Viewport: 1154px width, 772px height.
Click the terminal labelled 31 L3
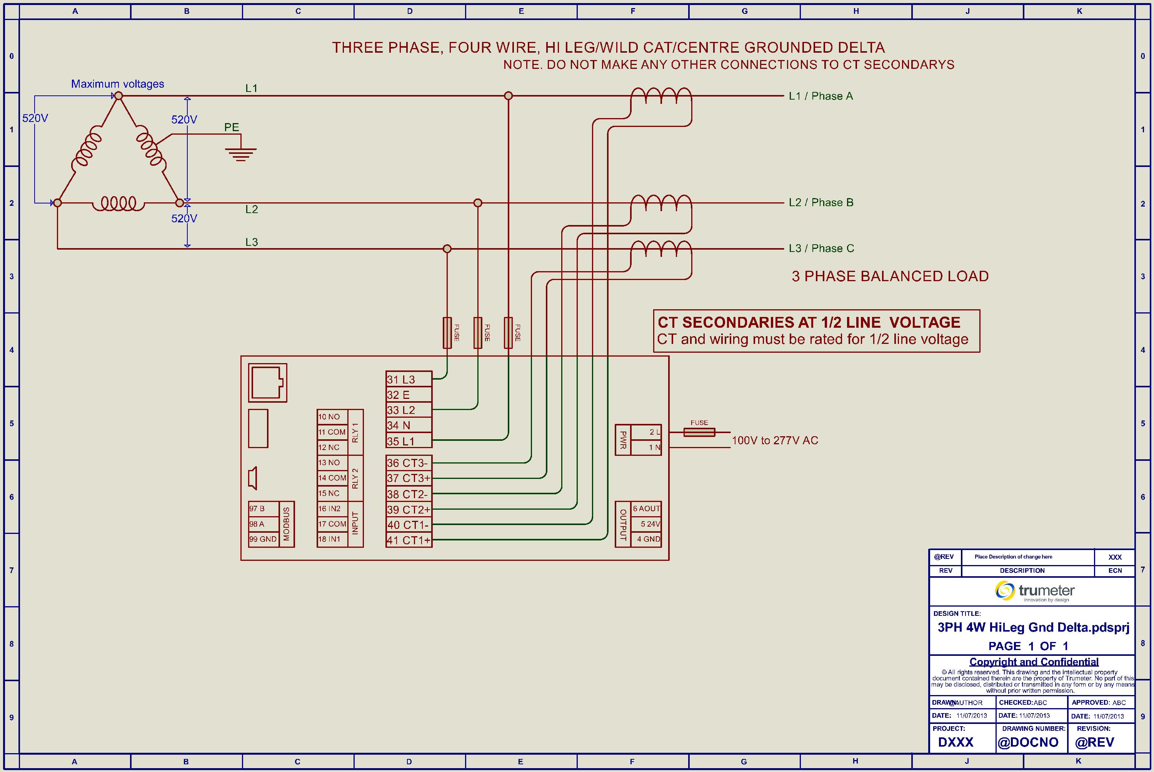(x=409, y=379)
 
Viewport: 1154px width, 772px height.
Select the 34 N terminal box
(x=409, y=425)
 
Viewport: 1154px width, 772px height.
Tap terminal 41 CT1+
(x=409, y=540)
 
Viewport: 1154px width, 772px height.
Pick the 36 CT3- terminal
(x=409, y=463)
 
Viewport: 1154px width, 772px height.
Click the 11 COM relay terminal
(x=332, y=432)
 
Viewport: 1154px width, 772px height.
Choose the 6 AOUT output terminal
(x=646, y=509)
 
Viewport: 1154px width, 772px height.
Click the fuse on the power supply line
(x=699, y=432)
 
